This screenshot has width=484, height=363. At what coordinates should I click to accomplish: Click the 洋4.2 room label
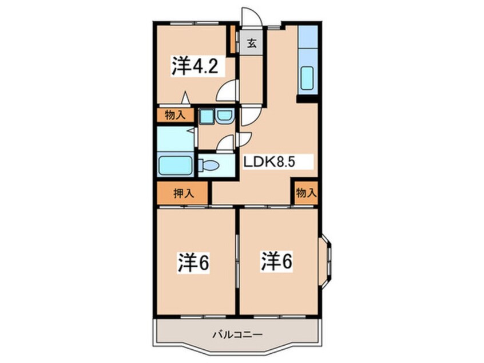pyautogui.click(x=195, y=66)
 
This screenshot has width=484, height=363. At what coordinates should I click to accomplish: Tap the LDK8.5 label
pyautogui.click(x=269, y=162)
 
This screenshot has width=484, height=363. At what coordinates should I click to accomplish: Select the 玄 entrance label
pyautogui.click(x=252, y=44)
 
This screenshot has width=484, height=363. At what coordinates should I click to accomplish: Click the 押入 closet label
pyautogui.click(x=184, y=194)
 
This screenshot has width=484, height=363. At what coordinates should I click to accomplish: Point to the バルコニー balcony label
pyautogui.click(x=237, y=334)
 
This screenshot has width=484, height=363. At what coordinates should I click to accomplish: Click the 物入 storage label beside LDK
pyautogui.click(x=306, y=193)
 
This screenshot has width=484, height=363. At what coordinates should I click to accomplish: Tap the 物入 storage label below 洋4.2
pyautogui.click(x=175, y=115)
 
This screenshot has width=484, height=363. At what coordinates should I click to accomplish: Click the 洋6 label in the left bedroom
pyautogui.click(x=193, y=263)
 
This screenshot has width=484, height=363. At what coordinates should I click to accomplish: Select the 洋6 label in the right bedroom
pyautogui.click(x=277, y=261)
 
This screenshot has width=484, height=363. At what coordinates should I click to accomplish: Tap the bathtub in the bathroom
pyautogui.click(x=174, y=165)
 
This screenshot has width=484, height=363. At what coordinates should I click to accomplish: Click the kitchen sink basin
pyautogui.click(x=307, y=78)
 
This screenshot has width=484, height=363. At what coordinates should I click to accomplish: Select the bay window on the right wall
pyautogui.click(x=325, y=263)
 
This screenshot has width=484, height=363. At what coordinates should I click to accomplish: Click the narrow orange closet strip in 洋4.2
pyautogui.click(x=233, y=39)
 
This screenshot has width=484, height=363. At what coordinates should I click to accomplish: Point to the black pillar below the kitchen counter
pyautogui.click(x=307, y=99)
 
